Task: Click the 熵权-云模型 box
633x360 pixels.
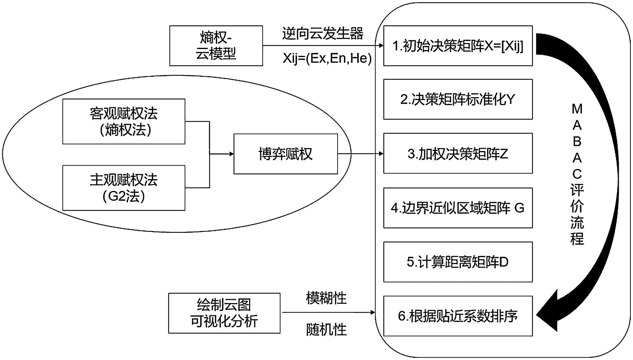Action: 216,46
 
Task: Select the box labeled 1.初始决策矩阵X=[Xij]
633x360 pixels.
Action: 458,46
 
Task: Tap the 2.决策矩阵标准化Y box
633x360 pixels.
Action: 458,99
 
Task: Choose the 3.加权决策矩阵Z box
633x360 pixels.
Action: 458,154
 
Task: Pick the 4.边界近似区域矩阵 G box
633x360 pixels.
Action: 458,208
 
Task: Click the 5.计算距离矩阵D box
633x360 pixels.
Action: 458,262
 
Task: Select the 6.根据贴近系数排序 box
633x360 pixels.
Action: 458,316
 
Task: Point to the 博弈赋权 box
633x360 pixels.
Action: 285,154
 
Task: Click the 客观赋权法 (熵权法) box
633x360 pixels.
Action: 124,122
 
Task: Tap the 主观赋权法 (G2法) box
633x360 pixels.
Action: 124,188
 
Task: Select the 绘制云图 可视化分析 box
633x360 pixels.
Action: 224,313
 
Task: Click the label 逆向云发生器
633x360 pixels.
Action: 323,34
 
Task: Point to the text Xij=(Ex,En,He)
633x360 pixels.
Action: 327,58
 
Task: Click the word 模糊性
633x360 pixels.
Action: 326,298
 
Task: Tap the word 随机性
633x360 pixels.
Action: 326,330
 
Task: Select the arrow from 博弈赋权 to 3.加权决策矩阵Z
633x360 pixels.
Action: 360,154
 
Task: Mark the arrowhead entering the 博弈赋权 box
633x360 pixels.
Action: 231,154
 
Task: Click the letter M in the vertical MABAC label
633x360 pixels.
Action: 577,109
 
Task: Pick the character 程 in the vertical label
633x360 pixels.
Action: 577,239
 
